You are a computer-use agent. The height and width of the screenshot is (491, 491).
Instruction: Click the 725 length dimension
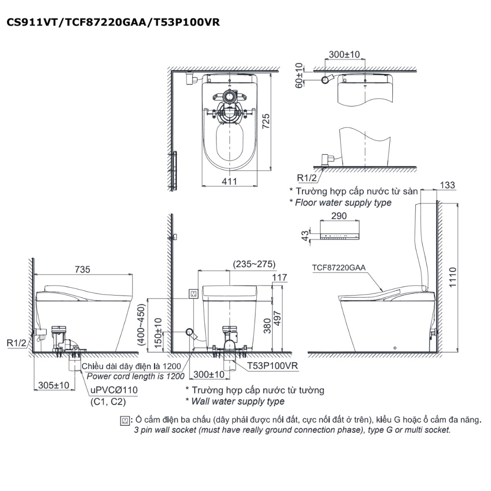click(266, 121)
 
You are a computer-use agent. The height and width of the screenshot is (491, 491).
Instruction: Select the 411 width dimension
click(229, 182)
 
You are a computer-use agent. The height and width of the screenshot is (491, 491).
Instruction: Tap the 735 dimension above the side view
click(82, 269)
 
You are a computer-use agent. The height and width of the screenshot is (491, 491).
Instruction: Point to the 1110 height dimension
click(453, 277)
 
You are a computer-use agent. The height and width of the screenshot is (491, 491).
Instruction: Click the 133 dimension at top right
click(447, 185)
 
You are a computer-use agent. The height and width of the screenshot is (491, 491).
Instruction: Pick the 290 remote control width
click(339, 216)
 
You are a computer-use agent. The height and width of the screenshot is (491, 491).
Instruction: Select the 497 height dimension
click(277, 319)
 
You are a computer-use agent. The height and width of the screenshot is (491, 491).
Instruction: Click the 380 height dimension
click(267, 326)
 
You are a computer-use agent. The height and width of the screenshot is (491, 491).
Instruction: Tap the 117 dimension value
click(279, 277)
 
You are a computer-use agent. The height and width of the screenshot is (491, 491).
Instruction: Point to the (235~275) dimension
click(254, 264)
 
